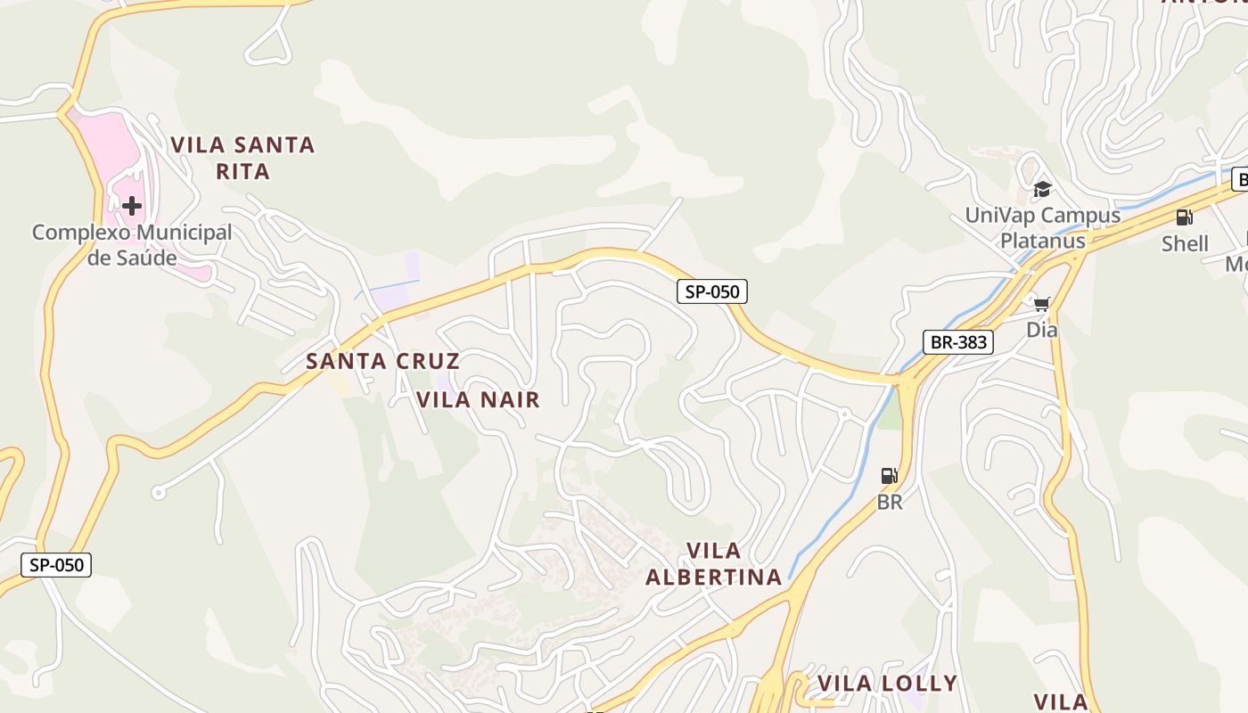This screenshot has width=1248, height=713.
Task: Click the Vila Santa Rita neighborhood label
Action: pyautogui.click(x=242, y=157)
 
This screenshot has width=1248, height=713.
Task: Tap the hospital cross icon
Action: pyautogui.click(x=132, y=207)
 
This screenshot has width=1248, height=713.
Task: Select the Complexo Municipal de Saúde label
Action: pyautogui.click(x=132, y=245)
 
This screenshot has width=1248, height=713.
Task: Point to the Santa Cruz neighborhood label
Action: pyautogui.click(x=382, y=361)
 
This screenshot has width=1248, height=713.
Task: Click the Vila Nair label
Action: pyautogui.click(x=478, y=399)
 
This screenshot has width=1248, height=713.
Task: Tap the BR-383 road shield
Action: pyautogui.click(x=957, y=342)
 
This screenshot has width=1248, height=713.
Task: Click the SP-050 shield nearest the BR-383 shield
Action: pyautogui.click(x=711, y=291)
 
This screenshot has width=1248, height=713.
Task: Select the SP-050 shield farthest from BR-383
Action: pyautogui.click(x=56, y=564)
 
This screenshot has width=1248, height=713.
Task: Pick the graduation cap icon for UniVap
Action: pyautogui.click(x=1041, y=189)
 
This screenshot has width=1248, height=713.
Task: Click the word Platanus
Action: pyautogui.click(x=1042, y=241)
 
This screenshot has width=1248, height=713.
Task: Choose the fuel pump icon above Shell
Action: pyautogui.click(x=1184, y=217)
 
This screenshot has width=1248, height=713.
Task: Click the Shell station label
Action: pyautogui.click(x=1185, y=243)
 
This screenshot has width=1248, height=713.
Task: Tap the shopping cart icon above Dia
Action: pyautogui.click(x=1041, y=304)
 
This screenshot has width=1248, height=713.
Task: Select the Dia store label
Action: pyautogui.click(x=1041, y=330)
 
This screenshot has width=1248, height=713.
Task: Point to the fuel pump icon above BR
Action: pyautogui.click(x=889, y=476)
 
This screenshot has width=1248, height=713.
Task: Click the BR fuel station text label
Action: pyautogui.click(x=889, y=502)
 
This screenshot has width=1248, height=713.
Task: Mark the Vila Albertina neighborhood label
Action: pyautogui.click(x=714, y=563)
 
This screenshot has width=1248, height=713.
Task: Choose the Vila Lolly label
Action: pyautogui.click(x=887, y=684)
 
